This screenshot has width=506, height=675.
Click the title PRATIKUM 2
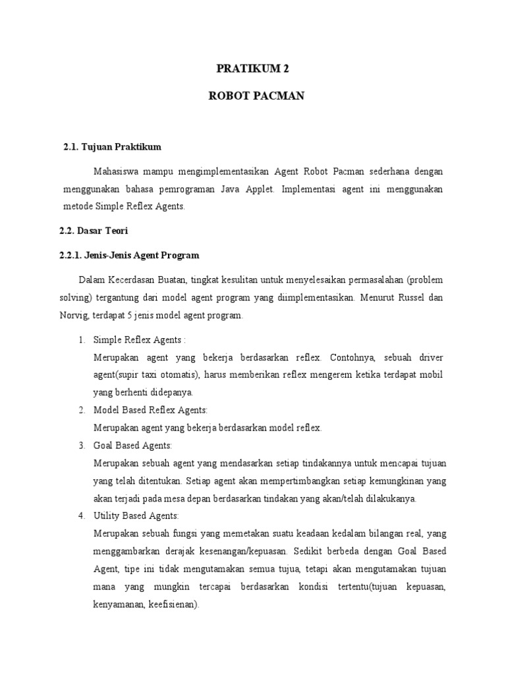tap(253, 68)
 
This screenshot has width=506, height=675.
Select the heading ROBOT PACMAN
tap(253, 96)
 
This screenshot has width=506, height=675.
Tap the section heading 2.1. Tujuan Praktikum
tap(113, 146)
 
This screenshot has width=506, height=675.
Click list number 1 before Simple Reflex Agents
tap(81, 339)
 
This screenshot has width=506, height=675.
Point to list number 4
tap(81, 515)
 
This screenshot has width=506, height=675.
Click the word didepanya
tap(169, 393)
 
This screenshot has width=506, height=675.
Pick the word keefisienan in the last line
tap(173, 604)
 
